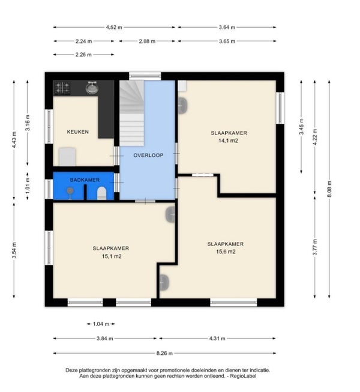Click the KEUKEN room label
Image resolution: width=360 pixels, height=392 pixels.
77,131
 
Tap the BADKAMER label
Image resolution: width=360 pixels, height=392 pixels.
85,179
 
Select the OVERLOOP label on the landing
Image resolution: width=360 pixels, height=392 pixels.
148,155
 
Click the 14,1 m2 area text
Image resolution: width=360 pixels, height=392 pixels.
228,140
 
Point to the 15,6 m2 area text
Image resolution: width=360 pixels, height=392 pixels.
226,252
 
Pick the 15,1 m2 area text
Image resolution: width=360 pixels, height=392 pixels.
112,256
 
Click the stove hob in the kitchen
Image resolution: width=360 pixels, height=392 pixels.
62,88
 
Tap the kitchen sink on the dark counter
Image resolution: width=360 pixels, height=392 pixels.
92,88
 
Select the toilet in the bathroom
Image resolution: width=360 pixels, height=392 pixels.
101,193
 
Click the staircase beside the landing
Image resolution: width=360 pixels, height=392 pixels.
131,113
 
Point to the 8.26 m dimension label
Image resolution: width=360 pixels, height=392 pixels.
164,353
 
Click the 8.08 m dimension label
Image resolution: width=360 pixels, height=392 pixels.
329,189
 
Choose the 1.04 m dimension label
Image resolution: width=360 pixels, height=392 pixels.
101,324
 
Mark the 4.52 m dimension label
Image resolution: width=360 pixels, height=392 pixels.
114,27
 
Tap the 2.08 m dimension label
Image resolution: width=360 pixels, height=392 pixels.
147,41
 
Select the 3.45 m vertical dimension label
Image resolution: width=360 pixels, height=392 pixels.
301,127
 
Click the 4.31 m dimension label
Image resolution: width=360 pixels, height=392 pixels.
217,339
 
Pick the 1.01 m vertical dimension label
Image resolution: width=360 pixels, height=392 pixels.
28,185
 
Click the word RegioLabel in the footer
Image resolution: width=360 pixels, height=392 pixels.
243,376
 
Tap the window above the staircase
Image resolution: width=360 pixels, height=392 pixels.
145,76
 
